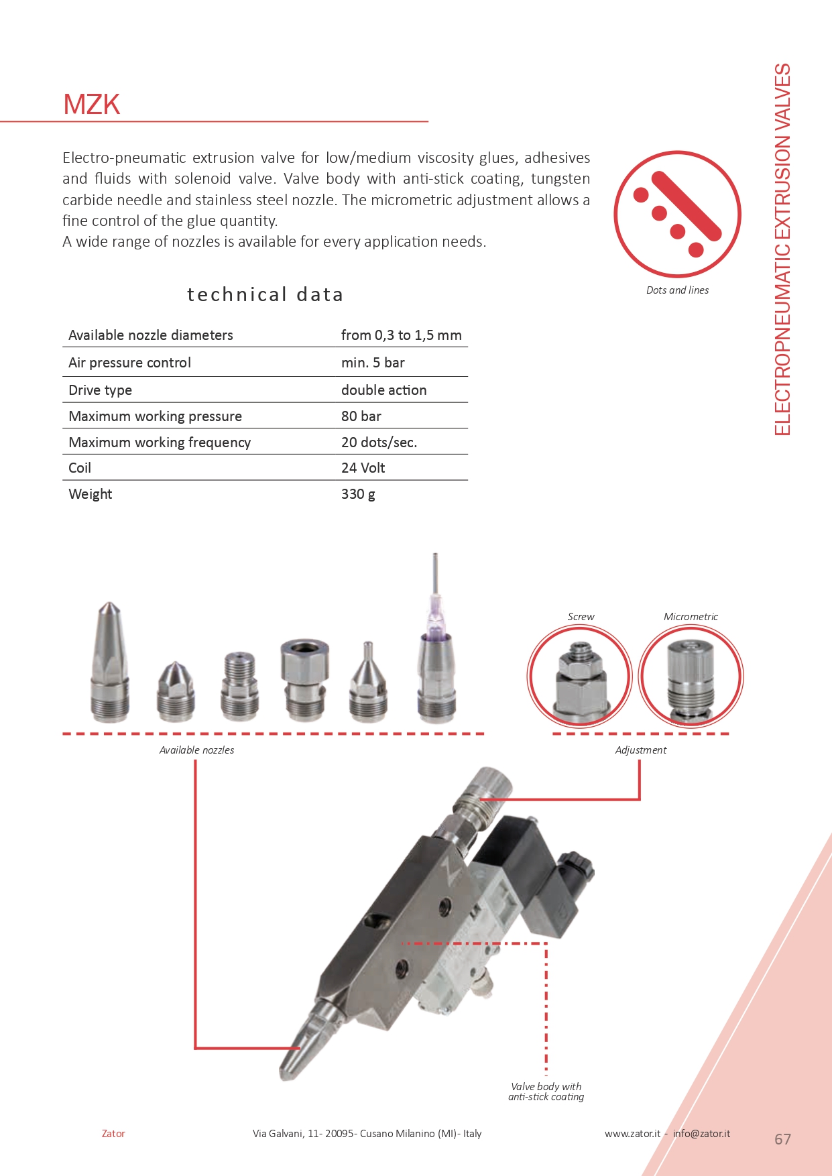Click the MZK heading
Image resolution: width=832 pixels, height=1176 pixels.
coord(92,105)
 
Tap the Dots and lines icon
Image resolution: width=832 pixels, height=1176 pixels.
coord(677,215)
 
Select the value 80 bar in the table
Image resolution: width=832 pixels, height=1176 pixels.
coord(361,416)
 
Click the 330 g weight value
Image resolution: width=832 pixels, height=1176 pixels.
coord(358,494)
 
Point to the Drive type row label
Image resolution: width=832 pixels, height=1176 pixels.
coord(101,390)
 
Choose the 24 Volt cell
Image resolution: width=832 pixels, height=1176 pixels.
coord(363,468)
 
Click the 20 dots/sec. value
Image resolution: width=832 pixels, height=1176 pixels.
coord(379,443)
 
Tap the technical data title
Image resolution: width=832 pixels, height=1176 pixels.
coord(265,294)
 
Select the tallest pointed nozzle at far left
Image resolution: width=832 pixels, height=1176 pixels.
coord(110,664)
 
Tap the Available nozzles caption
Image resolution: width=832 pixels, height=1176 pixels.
coord(196,750)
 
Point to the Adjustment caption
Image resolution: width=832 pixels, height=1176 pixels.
coord(640,750)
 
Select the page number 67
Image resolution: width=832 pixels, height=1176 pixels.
coord(782,1139)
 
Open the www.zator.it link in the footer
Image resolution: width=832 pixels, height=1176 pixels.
coord(632,1134)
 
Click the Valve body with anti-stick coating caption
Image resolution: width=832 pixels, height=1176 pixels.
coord(546,1092)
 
